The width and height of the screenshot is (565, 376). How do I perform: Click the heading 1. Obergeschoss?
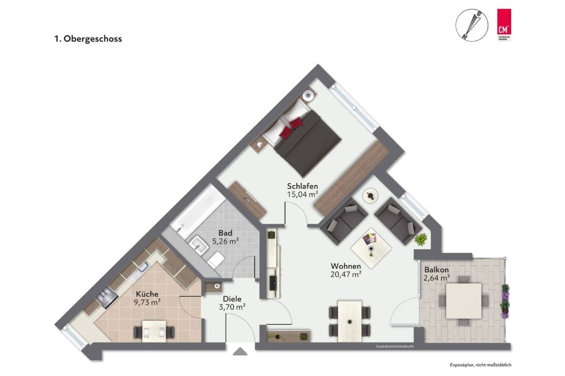click(88, 39)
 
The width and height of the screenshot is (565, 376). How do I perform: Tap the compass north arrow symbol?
click(472, 25)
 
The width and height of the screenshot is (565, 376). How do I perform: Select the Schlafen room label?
click(302, 186)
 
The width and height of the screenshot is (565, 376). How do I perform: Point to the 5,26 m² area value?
click(226, 242)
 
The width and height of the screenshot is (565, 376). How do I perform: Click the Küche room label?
click(147, 294)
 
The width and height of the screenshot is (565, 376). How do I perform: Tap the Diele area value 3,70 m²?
click(232, 307)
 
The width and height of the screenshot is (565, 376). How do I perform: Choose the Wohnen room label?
click(346, 267)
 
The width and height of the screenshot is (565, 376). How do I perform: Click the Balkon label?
click(436, 270)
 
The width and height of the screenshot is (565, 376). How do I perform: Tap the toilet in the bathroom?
click(216, 259)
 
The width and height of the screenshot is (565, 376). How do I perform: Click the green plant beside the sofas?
click(421, 239)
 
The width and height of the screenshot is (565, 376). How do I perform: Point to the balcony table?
click(464, 301)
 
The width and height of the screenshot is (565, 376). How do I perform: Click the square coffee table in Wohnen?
click(371, 248)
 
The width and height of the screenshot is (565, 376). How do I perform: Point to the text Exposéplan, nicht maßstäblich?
click(481, 365)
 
